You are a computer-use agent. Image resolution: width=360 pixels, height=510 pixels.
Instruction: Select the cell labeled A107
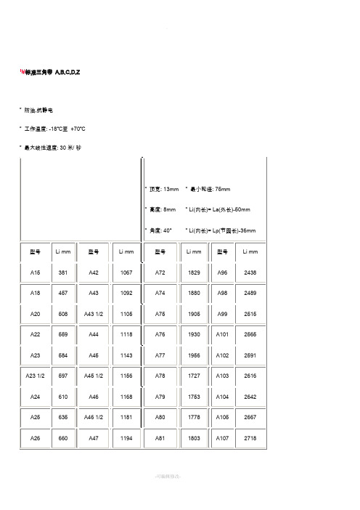(x=222, y=439)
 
